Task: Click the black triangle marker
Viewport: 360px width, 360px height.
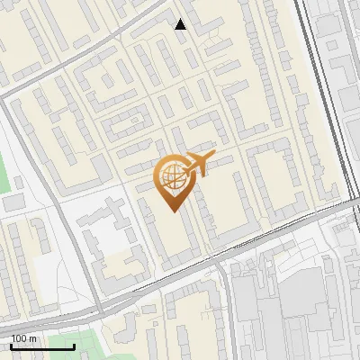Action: (x=181, y=24)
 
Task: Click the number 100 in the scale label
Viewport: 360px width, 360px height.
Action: (x=19, y=338)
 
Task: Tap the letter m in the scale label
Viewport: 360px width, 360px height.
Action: (x=32, y=338)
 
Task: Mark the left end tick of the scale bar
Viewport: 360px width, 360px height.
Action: (x=12, y=346)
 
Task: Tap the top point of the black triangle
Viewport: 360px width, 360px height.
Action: (x=181, y=19)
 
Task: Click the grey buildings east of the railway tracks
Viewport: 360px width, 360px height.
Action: (x=346, y=72)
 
